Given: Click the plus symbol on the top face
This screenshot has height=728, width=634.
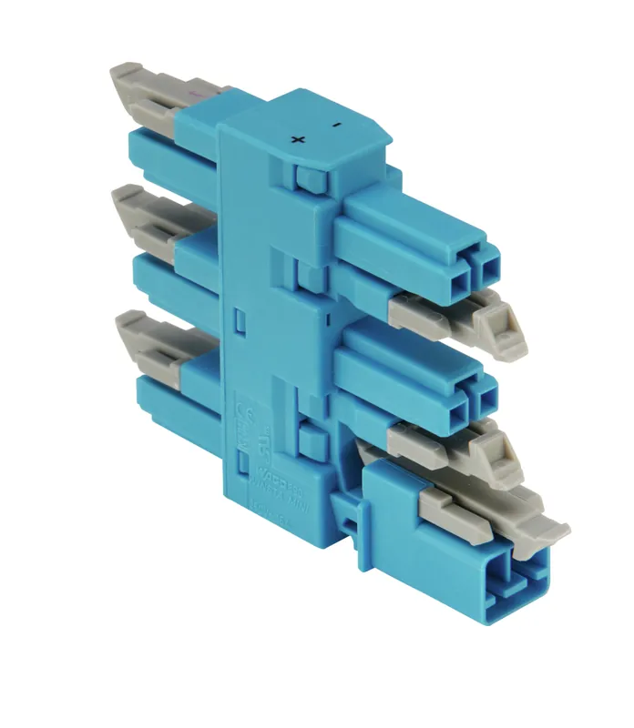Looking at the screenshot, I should pos(297,139).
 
